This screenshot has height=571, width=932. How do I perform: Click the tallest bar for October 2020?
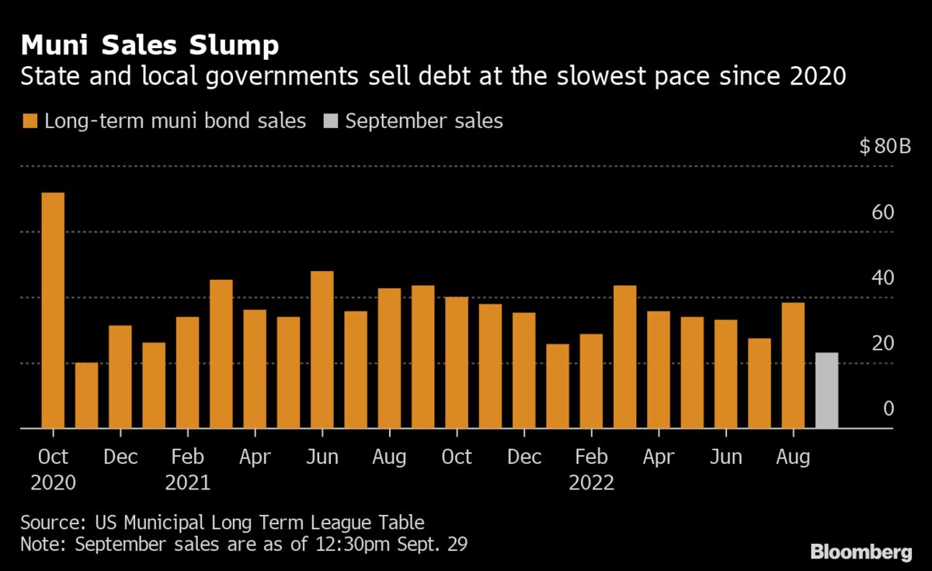click(53, 310)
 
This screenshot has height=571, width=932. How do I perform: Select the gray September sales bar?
click(826, 390)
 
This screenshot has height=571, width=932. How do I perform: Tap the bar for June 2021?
click(322, 350)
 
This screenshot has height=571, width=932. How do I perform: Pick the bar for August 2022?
click(793, 365)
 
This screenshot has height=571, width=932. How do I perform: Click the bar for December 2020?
click(120, 377)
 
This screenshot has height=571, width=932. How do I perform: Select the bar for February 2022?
click(591, 381)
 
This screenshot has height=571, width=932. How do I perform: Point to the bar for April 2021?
click(254, 368)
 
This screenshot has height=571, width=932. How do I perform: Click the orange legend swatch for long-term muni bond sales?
click(30, 121)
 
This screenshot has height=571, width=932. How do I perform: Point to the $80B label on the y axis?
click(885, 148)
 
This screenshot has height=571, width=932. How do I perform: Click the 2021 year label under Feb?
click(187, 482)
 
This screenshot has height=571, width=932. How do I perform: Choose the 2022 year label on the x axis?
click(591, 482)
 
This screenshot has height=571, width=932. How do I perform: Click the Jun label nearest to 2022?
click(726, 457)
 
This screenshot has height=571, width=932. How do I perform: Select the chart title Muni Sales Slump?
click(149, 45)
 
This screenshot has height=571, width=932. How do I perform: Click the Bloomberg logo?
click(861, 552)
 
